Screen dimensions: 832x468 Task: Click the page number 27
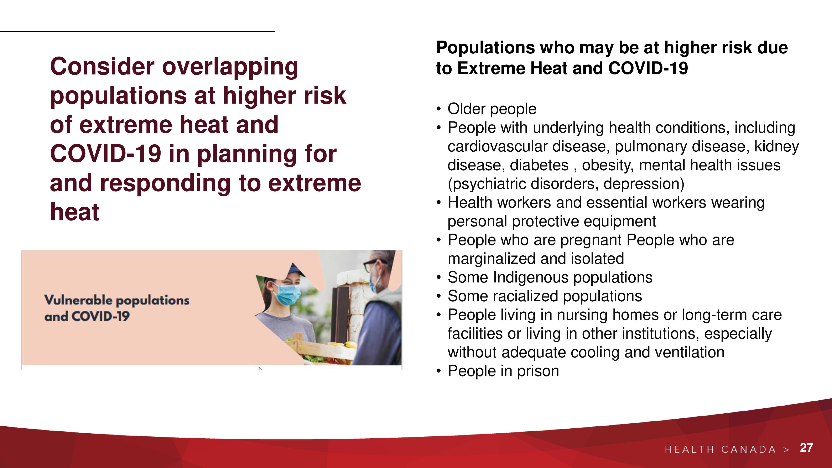[806, 448]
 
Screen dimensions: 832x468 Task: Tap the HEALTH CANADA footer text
[720, 449]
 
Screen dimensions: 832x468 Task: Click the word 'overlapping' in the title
[230, 67]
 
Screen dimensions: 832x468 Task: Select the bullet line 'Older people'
[492, 109]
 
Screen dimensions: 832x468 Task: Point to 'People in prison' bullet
[503, 371]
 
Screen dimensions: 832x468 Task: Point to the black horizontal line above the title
[137, 31]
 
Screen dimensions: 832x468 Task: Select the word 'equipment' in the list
[619, 222]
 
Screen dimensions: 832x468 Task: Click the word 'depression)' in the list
[644, 184]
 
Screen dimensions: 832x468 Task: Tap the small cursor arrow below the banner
[260, 368]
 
